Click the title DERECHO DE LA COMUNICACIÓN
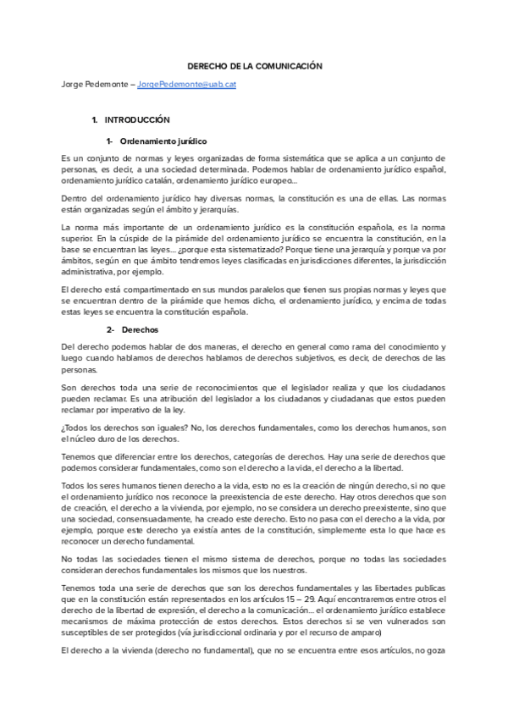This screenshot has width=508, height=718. click(x=254, y=65)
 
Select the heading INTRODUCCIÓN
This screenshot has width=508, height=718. click(x=137, y=120)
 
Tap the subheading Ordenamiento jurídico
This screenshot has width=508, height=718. click(x=164, y=141)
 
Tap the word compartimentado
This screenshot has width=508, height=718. click(x=144, y=290)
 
